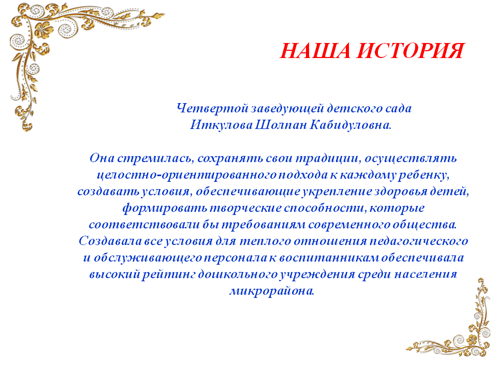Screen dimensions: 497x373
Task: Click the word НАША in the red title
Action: pos(315,51)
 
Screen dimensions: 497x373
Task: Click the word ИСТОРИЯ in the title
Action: pos(411,51)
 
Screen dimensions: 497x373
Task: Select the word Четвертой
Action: pos(212,108)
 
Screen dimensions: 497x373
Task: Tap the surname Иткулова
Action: pos(221,125)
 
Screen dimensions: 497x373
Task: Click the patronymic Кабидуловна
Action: pos(350,125)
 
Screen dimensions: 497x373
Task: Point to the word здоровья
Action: pos(401,192)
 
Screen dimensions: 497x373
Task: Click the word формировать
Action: pos(165,208)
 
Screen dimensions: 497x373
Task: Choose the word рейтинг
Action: pos(169,275)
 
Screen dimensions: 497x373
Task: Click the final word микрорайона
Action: pos(272,291)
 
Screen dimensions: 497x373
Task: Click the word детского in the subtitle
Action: pos(355,108)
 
